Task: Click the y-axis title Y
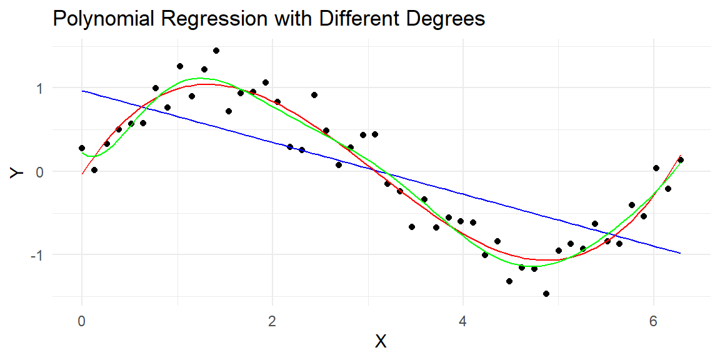[17, 171]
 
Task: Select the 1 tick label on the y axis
[41, 87]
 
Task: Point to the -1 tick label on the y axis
[37, 254]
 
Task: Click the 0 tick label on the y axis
[41, 171]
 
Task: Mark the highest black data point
[216, 51]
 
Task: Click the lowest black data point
[546, 293]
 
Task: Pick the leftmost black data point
[82, 148]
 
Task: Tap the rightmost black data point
[681, 160]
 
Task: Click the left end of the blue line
[82, 91]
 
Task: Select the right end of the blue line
[681, 253]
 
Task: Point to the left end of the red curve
[82, 174]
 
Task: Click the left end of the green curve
[82, 152]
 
